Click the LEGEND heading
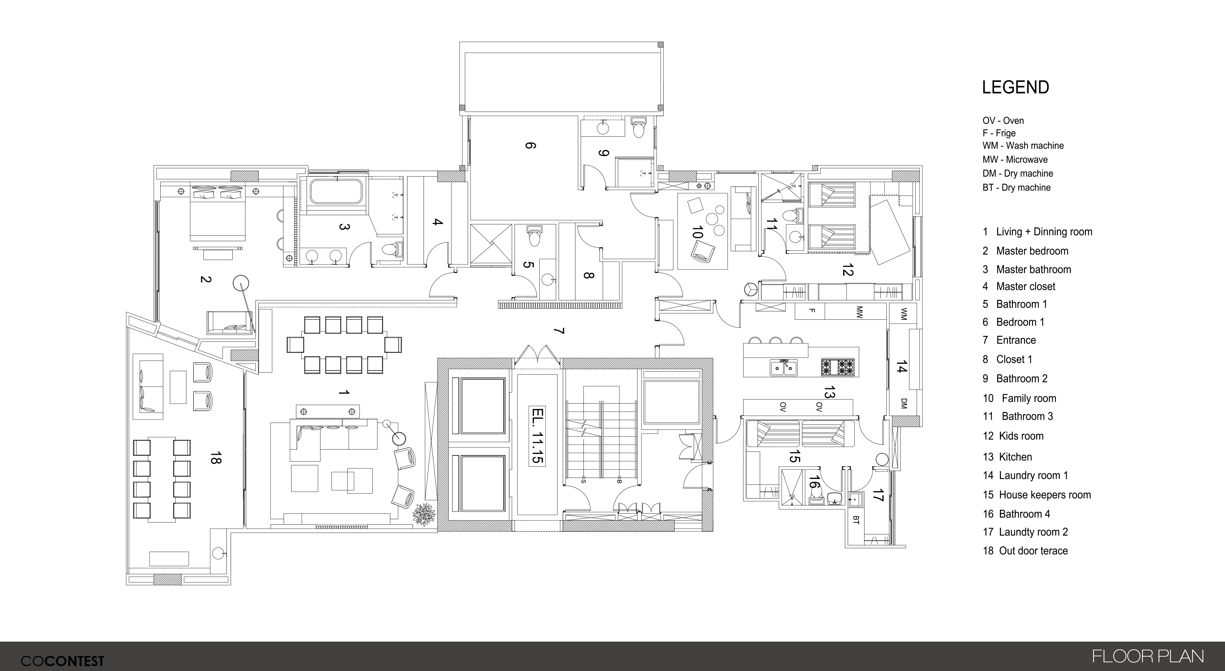[x=1016, y=87]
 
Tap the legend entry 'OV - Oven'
[x=1003, y=121]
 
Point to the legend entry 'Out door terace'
[x=1033, y=551]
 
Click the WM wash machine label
[x=904, y=314]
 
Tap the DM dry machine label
[x=904, y=403]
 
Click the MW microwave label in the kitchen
[x=859, y=312]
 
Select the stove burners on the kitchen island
[x=838, y=367]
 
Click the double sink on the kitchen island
[x=784, y=367]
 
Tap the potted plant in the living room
[x=424, y=514]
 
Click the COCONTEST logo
[x=62, y=661]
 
